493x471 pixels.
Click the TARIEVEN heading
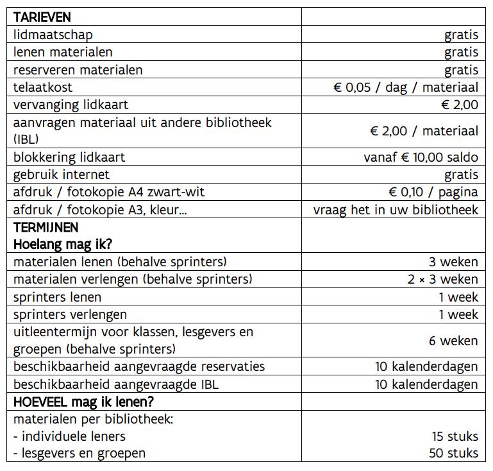pyautogui.click(x=42, y=17)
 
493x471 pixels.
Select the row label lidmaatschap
pyautogui.click(x=53, y=35)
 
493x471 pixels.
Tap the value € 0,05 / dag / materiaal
pyautogui.click(x=406, y=87)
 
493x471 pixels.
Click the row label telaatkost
pyautogui.click(x=43, y=87)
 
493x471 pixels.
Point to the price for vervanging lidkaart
pyautogui.click(x=456, y=105)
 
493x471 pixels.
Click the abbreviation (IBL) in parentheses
pyautogui.click(x=26, y=139)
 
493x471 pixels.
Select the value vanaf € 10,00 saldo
pyautogui.click(x=421, y=157)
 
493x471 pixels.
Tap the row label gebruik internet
pyautogui.click(x=62, y=175)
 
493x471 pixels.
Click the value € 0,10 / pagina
pyautogui.click(x=433, y=192)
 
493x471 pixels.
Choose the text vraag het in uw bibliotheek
pyautogui.click(x=396, y=210)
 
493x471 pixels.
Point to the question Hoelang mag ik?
pyautogui.click(x=63, y=244)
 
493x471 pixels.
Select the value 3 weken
pyautogui.click(x=453, y=262)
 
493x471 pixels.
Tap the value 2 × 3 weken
pyautogui.click(x=443, y=279)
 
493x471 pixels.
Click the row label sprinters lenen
pyautogui.click(x=57, y=297)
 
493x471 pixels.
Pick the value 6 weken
pyautogui.click(x=453, y=341)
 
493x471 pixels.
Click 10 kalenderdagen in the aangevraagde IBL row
pyautogui.click(x=426, y=384)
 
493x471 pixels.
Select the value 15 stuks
pyautogui.click(x=455, y=436)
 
